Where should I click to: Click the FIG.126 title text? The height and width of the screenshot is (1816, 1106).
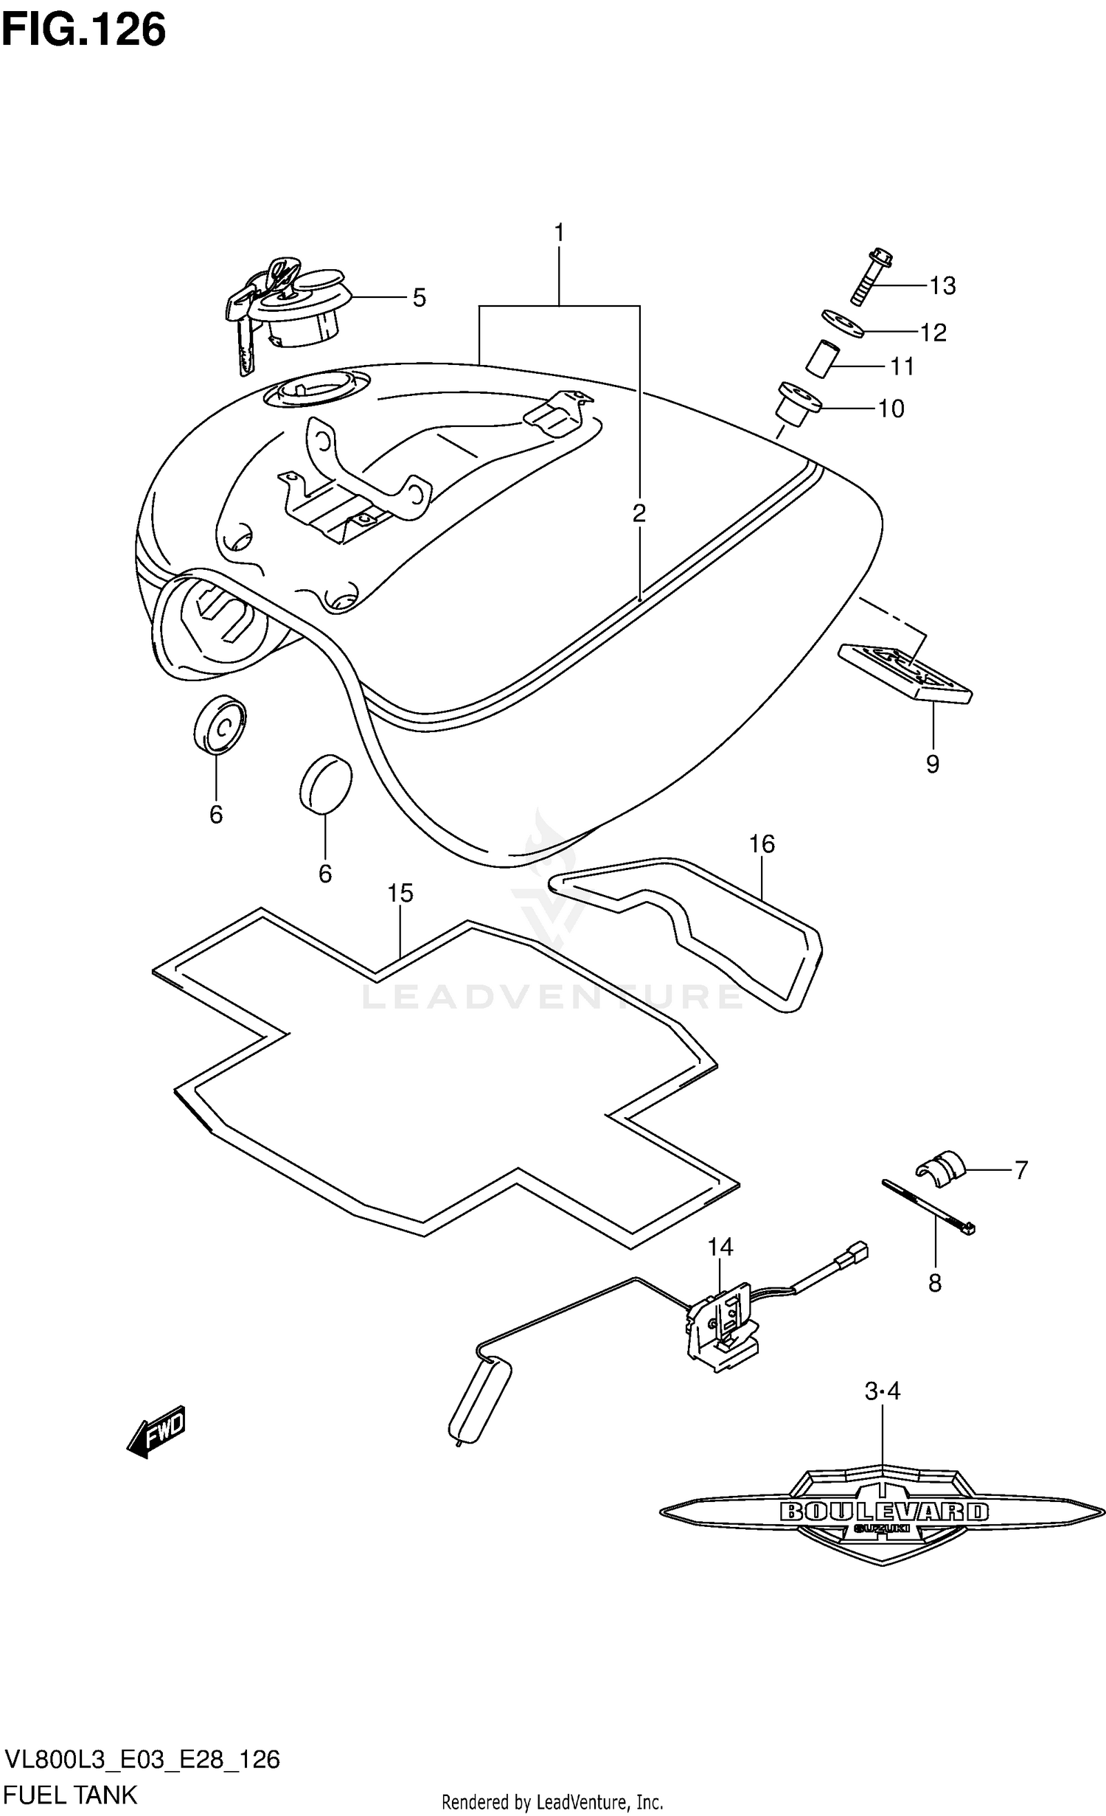pyautogui.click(x=83, y=30)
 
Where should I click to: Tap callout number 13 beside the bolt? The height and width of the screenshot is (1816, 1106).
pyautogui.click(x=942, y=285)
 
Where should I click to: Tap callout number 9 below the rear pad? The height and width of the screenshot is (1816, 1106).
pyautogui.click(x=933, y=764)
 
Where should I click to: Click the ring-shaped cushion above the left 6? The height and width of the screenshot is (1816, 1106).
pyautogui.click(x=219, y=725)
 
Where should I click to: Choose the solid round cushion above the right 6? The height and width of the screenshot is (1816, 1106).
pyautogui.click(x=325, y=783)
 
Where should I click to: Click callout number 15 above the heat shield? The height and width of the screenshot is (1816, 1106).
pyautogui.click(x=400, y=893)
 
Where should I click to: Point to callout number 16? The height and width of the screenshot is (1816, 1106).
pyautogui.click(x=762, y=843)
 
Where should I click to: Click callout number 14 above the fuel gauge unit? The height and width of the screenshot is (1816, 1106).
pyautogui.click(x=720, y=1247)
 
